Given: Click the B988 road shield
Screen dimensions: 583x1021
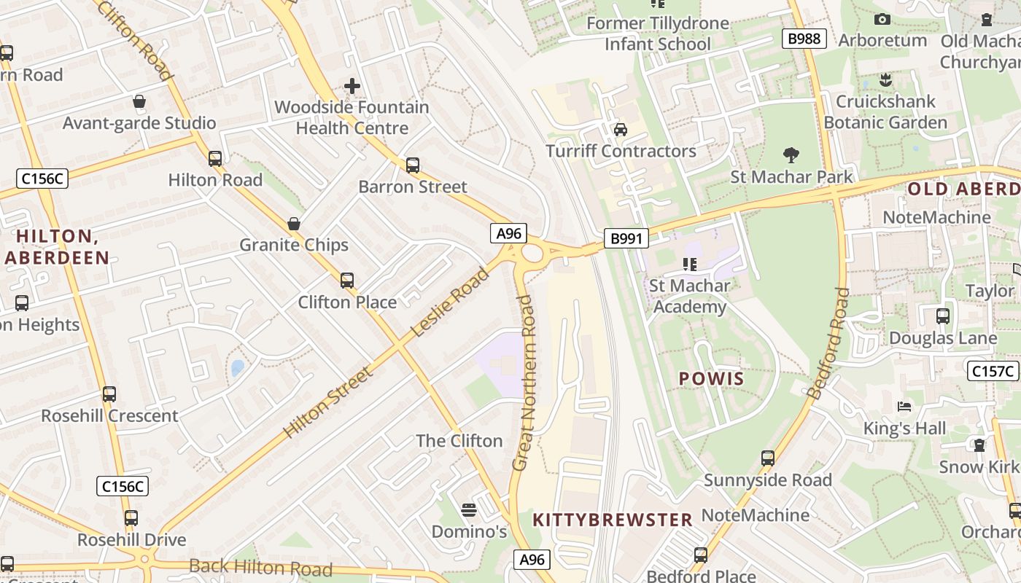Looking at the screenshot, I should (x=804, y=39).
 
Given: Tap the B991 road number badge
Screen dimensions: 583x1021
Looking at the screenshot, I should (x=626, y=238).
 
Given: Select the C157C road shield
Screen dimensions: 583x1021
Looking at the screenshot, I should (x=993, y=371).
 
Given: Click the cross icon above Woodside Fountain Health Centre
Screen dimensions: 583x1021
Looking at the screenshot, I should (x=352, y=86).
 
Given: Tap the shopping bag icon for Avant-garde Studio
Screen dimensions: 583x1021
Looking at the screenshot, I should (x=139, y=101).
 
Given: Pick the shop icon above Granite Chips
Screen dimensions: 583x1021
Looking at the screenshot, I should (x=294, y=223).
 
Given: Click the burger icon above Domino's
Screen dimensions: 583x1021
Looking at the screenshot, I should (x=469, y=509).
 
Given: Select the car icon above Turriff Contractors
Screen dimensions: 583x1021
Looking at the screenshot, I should (x=621, y=130).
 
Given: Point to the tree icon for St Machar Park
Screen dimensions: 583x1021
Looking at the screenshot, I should (x=791, y=154).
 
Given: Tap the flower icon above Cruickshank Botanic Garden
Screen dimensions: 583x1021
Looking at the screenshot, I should (x=886, y=79).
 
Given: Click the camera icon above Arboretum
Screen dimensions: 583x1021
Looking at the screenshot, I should (x=882, y=20).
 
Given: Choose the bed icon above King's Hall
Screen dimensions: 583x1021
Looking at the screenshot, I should (x=905, y=406).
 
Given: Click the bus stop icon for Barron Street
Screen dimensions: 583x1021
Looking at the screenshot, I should (x=413, y=165).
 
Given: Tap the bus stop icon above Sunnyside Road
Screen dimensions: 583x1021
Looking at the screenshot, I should (x=768, y=458).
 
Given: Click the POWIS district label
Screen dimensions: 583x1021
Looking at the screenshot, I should (x=711, y=378).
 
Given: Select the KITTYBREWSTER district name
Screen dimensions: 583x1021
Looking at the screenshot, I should (x=613, y=520).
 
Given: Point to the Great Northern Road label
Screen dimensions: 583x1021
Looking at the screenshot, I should (x=524, y=383).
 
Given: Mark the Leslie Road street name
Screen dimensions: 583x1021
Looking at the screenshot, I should (x=449, y=302).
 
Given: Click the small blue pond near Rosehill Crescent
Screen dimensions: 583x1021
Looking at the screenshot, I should (x=238, y=368).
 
